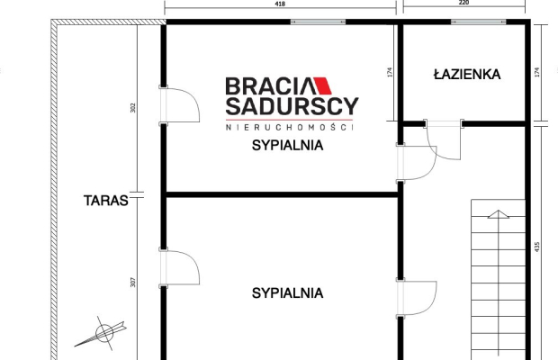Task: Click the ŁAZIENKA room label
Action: click(466, 75)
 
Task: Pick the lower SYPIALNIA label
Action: click(287, 292)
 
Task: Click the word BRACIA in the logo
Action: click(267, 86)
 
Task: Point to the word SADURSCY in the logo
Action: click(291, 108)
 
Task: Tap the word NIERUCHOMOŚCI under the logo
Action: click(290, 127)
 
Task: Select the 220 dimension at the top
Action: click(463, 4)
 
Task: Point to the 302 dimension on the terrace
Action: click(132, 108)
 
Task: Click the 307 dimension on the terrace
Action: click(132, 282)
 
